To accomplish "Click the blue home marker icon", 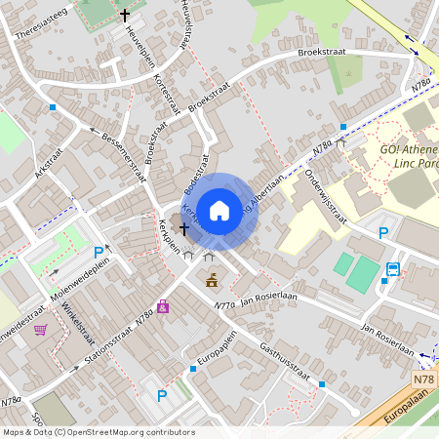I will coord(219,209).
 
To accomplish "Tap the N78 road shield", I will coord(423,379).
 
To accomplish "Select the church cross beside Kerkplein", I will coord(182,227).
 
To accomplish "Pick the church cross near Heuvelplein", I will coord(124,16).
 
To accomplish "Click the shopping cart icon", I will coord(40,329).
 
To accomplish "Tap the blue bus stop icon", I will coord(393,268).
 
